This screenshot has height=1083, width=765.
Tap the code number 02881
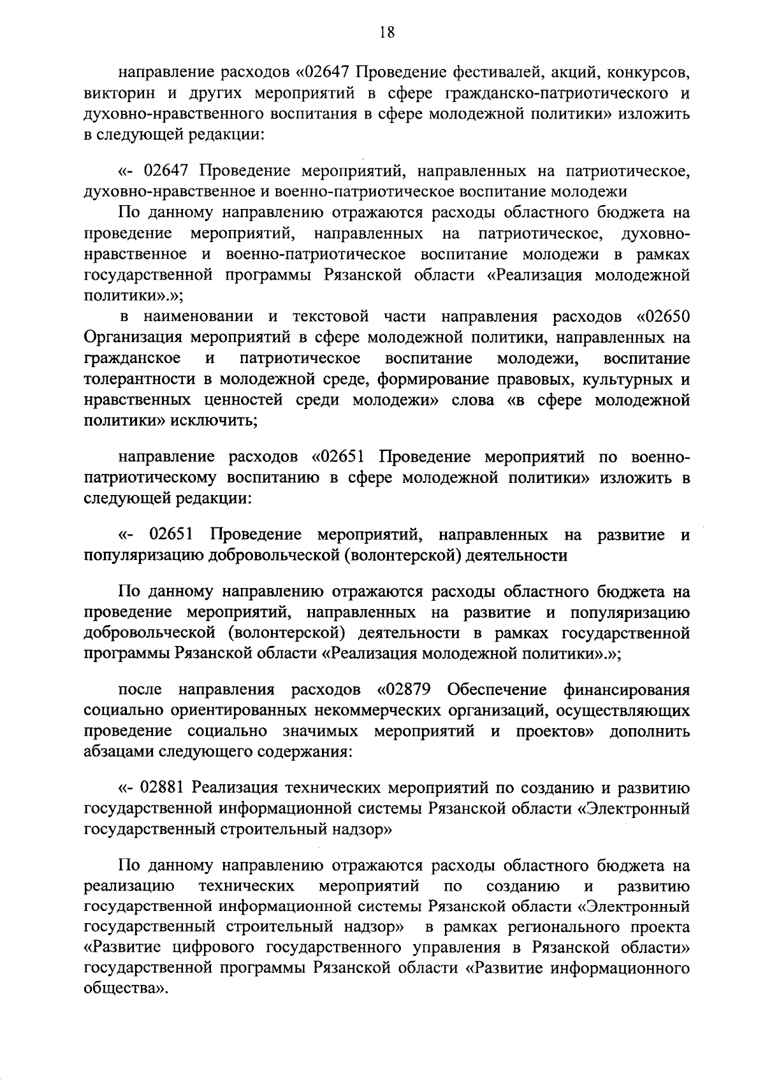coord(164,788)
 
